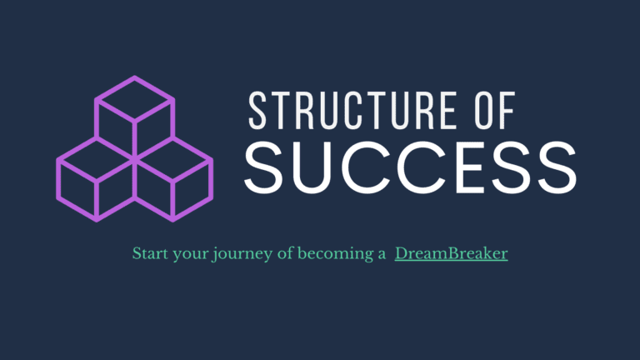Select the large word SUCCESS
coord(410,167)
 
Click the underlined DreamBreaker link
coord(451,253)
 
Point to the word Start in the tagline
coord(149,253)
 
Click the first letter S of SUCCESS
coord(266,167)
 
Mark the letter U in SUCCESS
coord(314,167)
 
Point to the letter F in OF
coord(505,111)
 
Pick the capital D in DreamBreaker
coord(401,253)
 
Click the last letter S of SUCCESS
coord(555,167)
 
